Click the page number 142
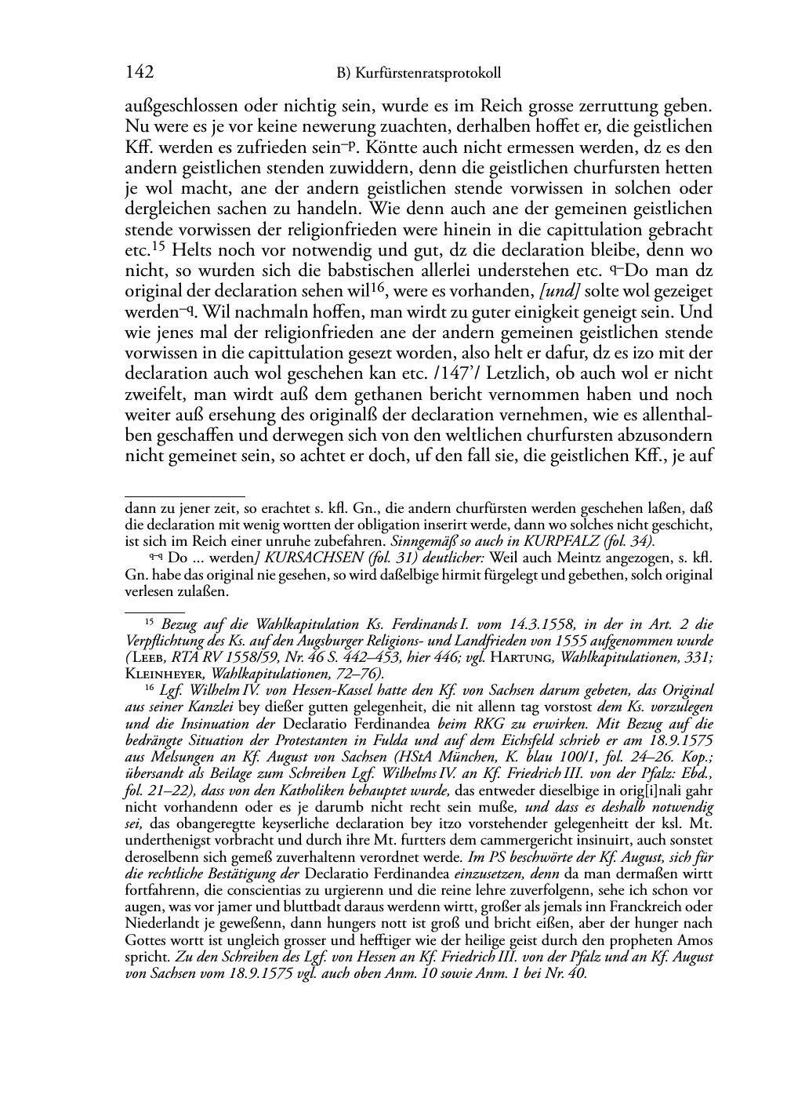tap(139, 73)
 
